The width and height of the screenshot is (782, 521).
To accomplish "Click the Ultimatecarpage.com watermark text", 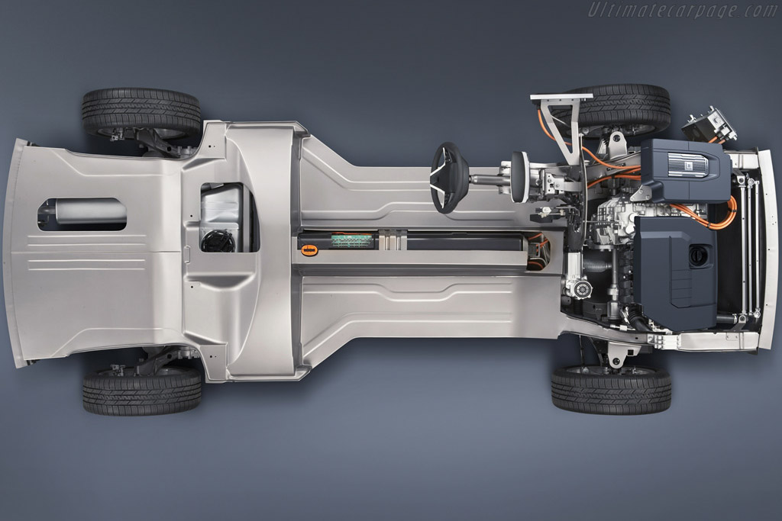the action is pos(683,10).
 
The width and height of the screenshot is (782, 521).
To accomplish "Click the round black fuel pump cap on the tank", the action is pos(218,241).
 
